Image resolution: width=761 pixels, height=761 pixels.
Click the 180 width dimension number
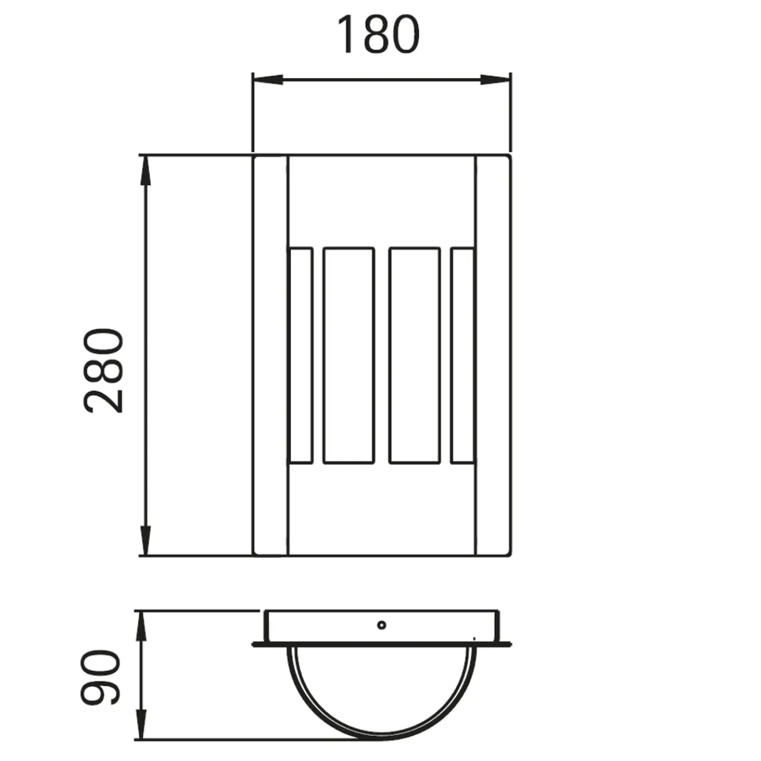[378, 35]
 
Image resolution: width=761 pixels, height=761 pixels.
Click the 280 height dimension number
[104, 371]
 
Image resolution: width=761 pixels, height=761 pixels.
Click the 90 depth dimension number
[100, 677]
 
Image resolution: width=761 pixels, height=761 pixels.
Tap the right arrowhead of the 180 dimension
[496, 80]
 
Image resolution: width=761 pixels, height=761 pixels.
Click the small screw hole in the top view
[381, 625]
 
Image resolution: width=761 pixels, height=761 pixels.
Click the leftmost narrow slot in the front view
[301, 356]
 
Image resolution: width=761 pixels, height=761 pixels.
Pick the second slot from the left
[348, 356]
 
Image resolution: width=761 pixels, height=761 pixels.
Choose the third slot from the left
[414, 356]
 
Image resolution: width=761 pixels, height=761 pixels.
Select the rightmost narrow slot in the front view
[462, 356]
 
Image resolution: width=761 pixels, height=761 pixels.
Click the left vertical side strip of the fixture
[270, 355]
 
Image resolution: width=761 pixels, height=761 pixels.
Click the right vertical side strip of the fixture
[493, 355]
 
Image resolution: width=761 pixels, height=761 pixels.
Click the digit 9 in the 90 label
[100, 691]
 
